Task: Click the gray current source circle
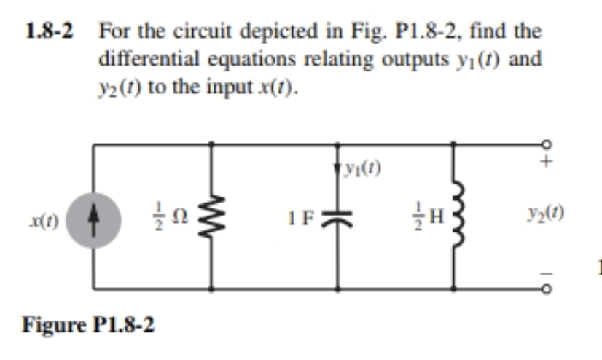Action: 93,216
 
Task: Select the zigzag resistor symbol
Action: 211,216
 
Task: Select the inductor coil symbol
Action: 455,216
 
